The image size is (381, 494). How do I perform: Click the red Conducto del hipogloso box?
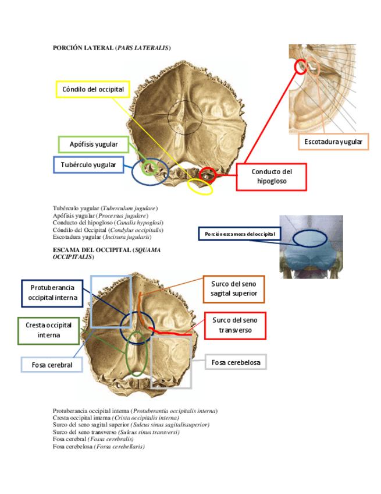[270, 177]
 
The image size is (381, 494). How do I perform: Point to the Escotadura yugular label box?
[333, 142]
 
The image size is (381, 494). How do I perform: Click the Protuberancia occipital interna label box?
[53, 293]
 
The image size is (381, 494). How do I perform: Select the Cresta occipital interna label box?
[49, 330]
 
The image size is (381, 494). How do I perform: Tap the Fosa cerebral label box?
[52, 365]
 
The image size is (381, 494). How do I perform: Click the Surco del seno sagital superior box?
[234, 288]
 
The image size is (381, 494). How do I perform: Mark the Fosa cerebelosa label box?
[236, 362]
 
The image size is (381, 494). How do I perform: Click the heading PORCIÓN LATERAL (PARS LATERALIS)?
[112, 48]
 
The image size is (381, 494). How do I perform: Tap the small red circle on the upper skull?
[207, 174]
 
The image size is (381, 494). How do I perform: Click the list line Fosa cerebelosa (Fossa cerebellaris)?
[98, 446]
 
